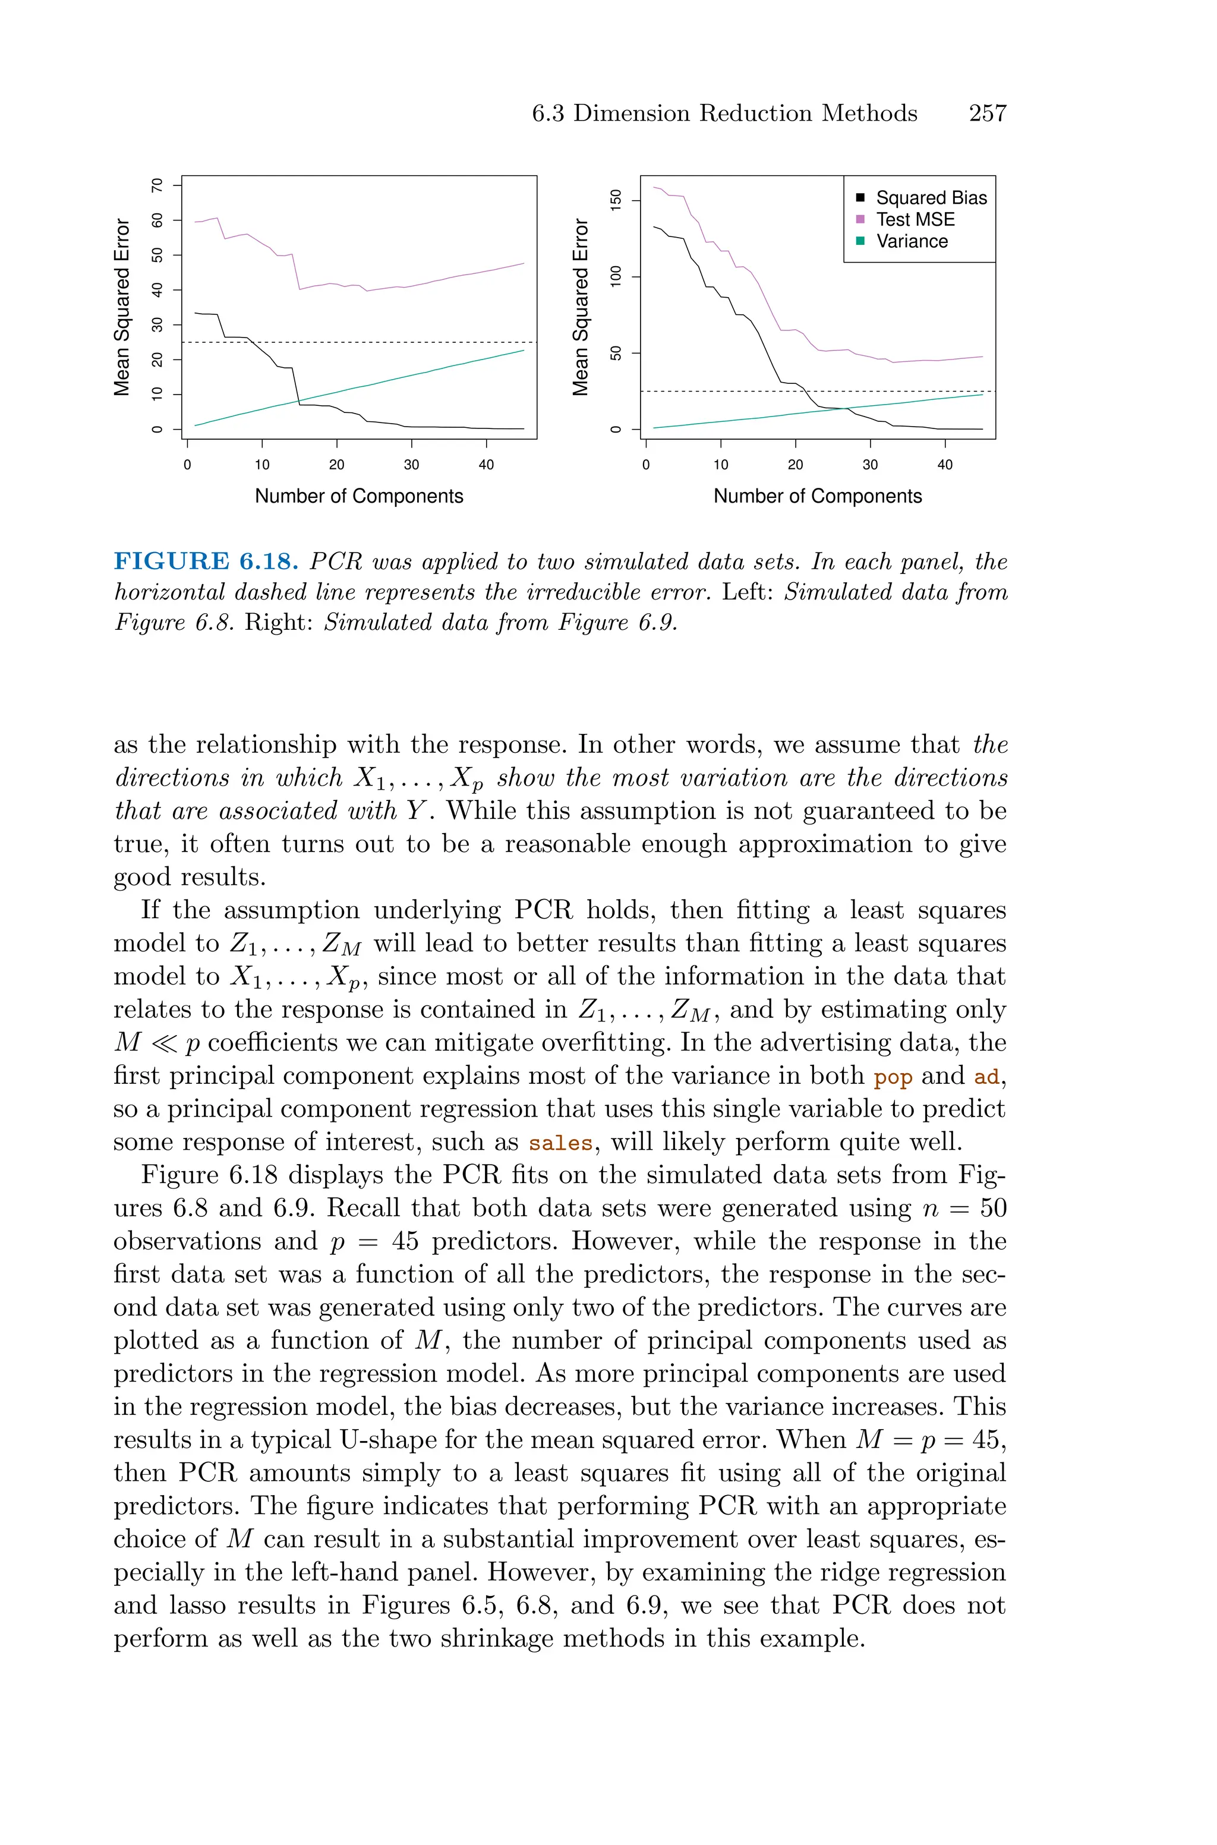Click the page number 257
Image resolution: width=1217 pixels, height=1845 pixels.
[x=987, y=113]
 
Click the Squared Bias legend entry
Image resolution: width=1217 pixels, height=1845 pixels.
[x=931, y=198]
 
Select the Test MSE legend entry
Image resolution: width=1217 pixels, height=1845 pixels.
[x=915, y=220]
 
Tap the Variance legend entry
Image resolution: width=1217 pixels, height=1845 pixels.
[x=912, y=241]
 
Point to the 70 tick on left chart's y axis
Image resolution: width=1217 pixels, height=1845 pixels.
[x=158, y=185]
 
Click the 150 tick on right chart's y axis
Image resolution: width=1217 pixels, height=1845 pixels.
[x=617, y=201]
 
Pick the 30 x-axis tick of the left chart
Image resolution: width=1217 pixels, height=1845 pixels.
[x=411, y=465]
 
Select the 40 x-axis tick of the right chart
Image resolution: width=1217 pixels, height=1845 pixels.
[x=945, y=465]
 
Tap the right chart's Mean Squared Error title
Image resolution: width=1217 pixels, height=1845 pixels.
[x=581, y=307]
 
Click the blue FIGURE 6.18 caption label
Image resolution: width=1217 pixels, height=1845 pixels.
[x=206, y=562]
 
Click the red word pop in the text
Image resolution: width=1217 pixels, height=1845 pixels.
[x=893, y=1078]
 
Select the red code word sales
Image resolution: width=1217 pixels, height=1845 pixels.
[x=560, y=1144]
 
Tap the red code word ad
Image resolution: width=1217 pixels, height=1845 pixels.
[x=986, y=1078]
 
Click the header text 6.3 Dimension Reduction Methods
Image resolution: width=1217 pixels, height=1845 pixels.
[x=724, y=113]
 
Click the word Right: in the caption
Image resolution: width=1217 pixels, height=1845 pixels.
[x=279, y=622]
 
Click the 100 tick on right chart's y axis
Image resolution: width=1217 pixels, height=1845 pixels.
[x=617, y=277]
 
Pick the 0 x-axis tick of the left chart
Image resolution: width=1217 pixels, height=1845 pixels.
[x=187, y=465]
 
